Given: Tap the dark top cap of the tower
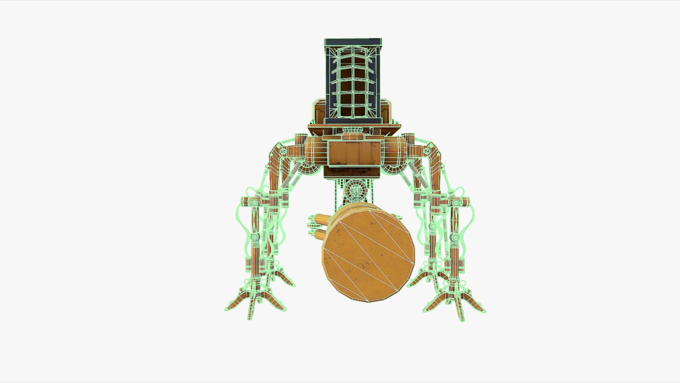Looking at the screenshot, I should click(x=353, y=42).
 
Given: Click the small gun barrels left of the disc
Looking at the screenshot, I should click(x=319, y=225).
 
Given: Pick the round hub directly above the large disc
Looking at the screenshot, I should click(x=355, y=191).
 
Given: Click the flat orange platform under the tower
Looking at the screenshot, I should click(x=354, y=127).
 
